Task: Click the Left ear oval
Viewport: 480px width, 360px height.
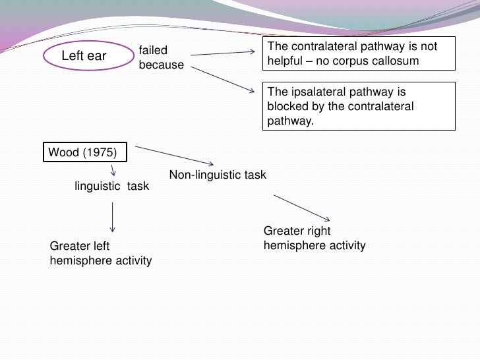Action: [83, 56]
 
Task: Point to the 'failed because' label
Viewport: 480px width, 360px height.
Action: [161, 58]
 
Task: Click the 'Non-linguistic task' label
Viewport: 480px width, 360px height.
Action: [218, 175]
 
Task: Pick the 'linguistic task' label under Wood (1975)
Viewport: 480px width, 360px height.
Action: [112, 187]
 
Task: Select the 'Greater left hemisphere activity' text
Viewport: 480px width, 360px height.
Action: [100, 253]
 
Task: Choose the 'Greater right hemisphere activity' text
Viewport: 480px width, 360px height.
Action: [314, 239]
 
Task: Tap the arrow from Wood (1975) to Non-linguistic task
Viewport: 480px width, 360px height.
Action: [175, 156]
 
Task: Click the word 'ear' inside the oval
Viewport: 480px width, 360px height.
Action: [96, 56]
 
